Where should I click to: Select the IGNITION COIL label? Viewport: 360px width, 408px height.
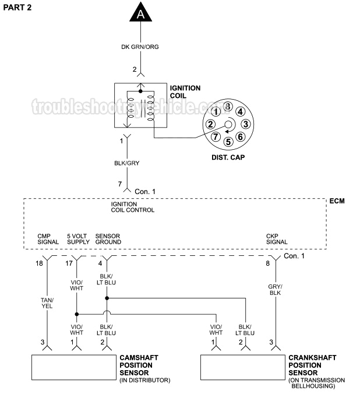185,92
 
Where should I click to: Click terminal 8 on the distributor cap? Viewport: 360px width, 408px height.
227,106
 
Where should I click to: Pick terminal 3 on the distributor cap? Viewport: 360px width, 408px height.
246,124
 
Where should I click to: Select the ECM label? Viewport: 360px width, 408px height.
336,201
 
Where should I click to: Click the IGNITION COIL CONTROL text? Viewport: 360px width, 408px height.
132,207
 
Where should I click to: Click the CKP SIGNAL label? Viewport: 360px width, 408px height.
277,239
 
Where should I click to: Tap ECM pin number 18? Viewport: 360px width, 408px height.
38,263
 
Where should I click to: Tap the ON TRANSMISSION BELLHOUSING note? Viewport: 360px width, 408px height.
317,383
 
